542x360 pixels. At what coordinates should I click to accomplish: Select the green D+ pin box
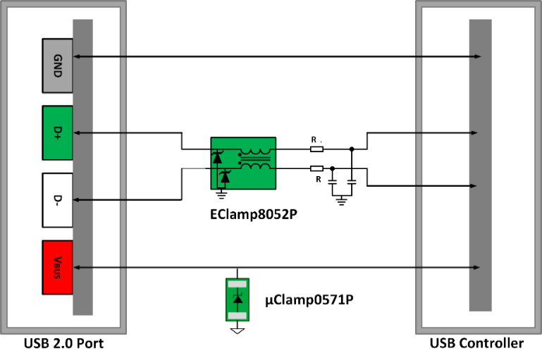coord(58,132)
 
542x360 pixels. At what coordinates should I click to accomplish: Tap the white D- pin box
coord(58,200)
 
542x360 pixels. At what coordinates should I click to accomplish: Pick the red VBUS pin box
coord(58,268)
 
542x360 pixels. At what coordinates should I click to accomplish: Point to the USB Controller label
coord(477,344)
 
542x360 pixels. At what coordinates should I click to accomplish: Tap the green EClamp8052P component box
coord(242,163)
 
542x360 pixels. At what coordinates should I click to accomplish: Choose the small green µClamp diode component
coord(238,299)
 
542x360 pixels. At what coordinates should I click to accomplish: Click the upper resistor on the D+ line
coord(317,149)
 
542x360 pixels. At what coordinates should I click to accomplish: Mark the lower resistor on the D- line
coord(317,168)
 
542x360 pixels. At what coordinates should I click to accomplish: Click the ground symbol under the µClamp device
coord(238,329)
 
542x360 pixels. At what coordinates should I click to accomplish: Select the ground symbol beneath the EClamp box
coord(223,189)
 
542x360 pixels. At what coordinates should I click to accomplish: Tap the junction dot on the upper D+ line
coord(352,149)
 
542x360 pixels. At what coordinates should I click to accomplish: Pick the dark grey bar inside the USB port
coord(82,166)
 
